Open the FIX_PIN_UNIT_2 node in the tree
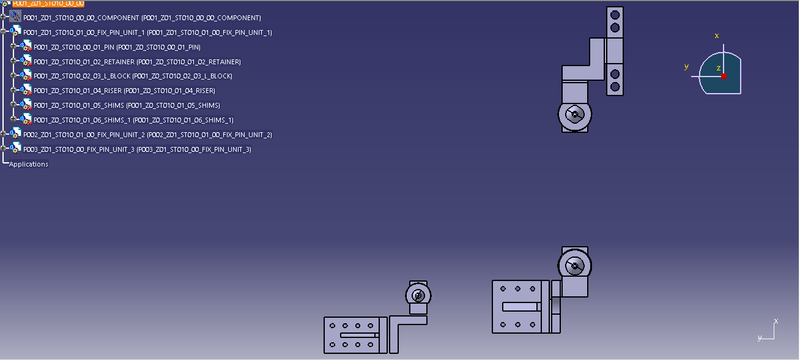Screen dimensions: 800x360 140,134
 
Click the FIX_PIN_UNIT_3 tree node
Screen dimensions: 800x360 130,149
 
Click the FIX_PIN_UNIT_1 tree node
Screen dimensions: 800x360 140,33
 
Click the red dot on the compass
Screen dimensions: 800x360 724,77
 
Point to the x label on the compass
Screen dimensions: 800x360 716,36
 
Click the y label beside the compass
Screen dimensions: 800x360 686,67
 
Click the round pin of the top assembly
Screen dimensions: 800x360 574,115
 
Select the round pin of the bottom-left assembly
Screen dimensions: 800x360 419,296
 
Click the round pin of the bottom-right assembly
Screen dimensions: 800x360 574,266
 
